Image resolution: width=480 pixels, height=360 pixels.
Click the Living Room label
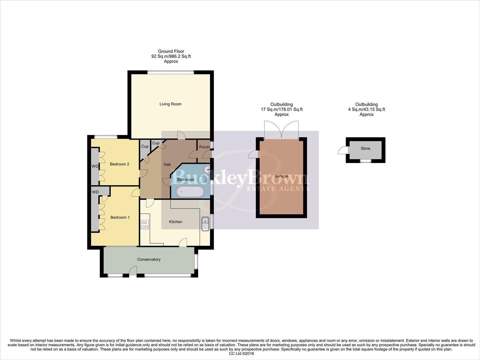click(170, 104)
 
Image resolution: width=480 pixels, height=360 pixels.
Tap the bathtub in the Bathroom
click(190, 192)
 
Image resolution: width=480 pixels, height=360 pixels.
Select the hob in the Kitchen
click(144, 225)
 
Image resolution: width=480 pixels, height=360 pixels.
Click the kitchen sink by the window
click(205, 223)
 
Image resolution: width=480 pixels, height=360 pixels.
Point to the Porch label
click(204, 147)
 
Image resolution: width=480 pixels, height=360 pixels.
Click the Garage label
click(281, 176)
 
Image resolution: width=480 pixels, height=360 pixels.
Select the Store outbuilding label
click(365, 148)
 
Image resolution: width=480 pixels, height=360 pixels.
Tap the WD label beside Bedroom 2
click(95, 166)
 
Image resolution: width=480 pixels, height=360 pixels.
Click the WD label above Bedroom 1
click(95, 192)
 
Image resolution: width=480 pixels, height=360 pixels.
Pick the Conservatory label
click(149, 259)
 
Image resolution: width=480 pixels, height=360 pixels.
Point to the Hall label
click(167, 165)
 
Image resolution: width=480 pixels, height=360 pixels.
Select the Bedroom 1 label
click(120, 217)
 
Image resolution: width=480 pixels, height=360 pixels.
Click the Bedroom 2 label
click(119, 164)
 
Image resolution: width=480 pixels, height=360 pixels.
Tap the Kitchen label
click(175, 222)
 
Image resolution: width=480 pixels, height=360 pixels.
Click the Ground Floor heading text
click(171, 51)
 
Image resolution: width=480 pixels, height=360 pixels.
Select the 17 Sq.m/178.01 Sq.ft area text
click(281, 109)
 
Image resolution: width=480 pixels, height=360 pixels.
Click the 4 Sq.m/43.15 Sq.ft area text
click(366, 109)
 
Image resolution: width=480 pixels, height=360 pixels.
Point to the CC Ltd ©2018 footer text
click(241, 354)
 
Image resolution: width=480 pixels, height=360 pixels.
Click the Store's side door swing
click(343, 151)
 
